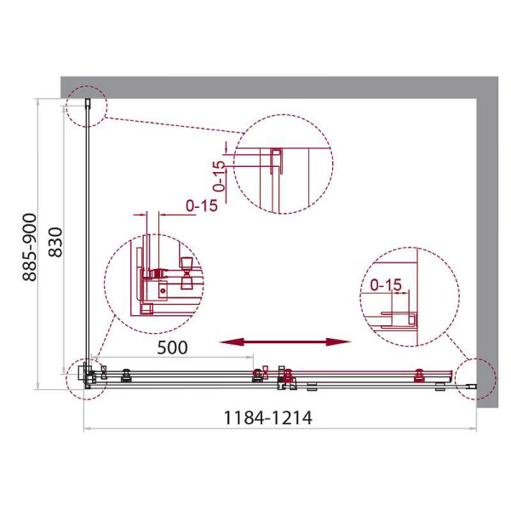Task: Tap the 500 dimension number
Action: point(172,348)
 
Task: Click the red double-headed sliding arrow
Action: point(285,342)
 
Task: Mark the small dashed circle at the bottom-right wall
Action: point(474,377)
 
